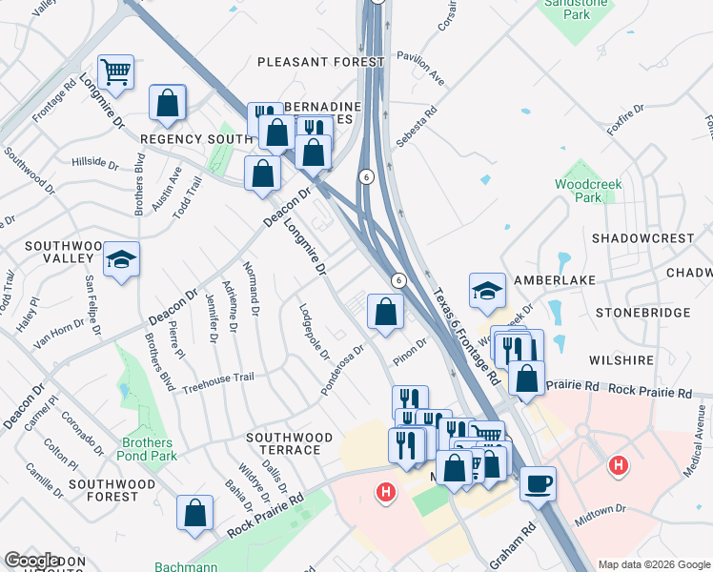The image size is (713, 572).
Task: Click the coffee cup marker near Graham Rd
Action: pyautogui.click(x=538, y=482)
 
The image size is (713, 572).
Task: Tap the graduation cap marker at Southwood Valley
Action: pyautogui.click(x=121, y=260)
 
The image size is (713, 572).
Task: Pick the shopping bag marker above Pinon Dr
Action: pyautogui.click(x=384, y=312)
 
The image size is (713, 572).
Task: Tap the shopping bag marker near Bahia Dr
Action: pyautogui.click(x=194, y=513)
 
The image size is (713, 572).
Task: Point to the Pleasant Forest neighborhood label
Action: pyautogui.click(x=321, y=62)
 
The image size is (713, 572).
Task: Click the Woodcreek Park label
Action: pyautogui.click(x=580, y=191)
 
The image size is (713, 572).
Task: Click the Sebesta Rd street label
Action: pyautogui.click(x=417, y=125)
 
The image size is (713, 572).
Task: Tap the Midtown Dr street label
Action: pyautogui.click(x=601, y=515)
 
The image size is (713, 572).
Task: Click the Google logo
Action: pyautogui.click(x=32, y=561)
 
